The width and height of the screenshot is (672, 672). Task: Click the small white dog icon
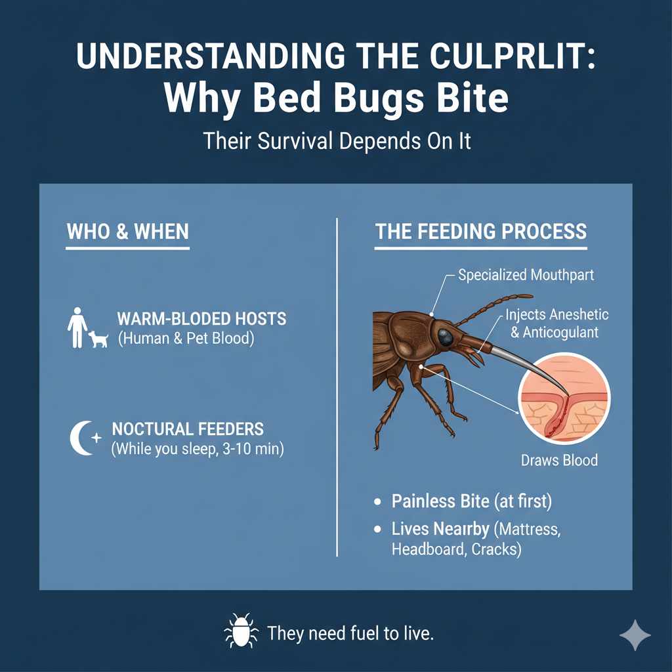98,339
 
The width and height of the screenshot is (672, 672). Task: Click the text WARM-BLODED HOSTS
201,320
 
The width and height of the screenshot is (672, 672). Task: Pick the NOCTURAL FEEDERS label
188,430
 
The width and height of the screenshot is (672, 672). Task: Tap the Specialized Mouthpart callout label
526,274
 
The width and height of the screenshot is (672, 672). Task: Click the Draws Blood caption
559,459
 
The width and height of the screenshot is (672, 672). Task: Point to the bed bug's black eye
446,337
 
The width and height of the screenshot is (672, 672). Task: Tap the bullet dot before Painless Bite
377,502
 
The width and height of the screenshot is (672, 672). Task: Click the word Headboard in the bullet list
428,549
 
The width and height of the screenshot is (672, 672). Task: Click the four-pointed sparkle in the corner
635,635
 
